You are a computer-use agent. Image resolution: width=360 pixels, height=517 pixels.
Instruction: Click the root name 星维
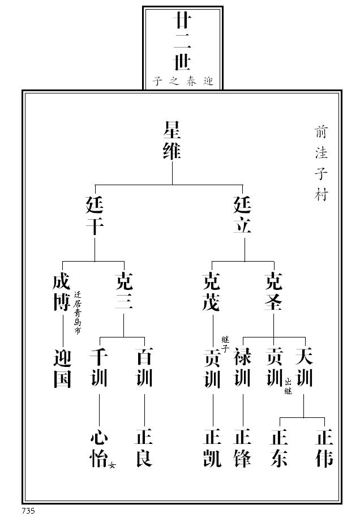172,140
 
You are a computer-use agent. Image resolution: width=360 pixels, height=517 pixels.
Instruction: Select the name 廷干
95,216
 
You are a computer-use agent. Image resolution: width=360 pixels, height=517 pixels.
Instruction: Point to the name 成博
62,292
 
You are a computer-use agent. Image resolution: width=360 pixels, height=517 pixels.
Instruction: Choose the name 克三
124,292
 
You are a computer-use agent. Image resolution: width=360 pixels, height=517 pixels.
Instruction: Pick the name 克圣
274,292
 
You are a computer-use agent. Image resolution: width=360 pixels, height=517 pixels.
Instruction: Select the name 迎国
62,369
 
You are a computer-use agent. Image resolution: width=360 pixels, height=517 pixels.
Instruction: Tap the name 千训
99,369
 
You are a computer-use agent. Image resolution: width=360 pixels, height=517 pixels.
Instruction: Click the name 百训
144,369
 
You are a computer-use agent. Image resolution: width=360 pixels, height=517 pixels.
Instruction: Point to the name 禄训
243,369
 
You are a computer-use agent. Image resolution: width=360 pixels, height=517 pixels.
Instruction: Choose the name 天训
304,369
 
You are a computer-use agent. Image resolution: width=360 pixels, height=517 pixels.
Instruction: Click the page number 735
29,511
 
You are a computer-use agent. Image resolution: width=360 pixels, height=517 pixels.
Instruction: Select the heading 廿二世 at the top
182,42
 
